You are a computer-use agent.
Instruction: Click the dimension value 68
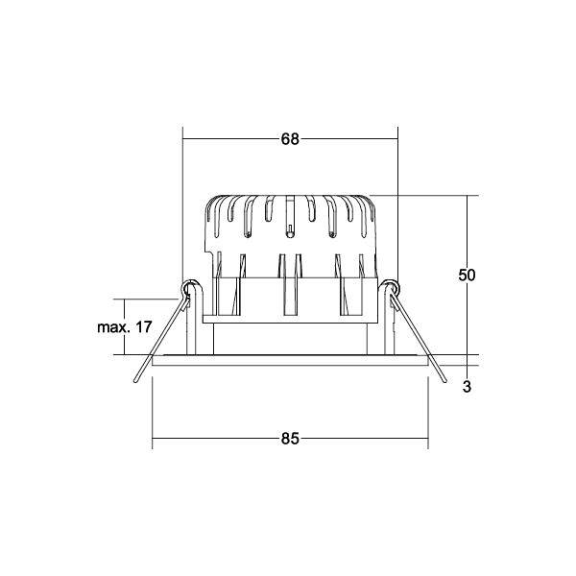[x=290, y=139]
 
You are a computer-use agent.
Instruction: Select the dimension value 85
[x=290, y=439]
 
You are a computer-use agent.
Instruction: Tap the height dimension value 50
[x=467, y=276]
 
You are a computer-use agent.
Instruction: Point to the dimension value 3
[x=467, y=387]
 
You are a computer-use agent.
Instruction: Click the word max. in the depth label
[x=113, y=327]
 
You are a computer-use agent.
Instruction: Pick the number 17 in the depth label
[x=144, y=326]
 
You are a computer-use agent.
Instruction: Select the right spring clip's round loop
[x=392, y=286]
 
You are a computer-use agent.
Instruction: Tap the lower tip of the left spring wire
[x=135, y=381]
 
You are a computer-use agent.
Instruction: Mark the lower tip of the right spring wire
[x=444, y=381]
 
